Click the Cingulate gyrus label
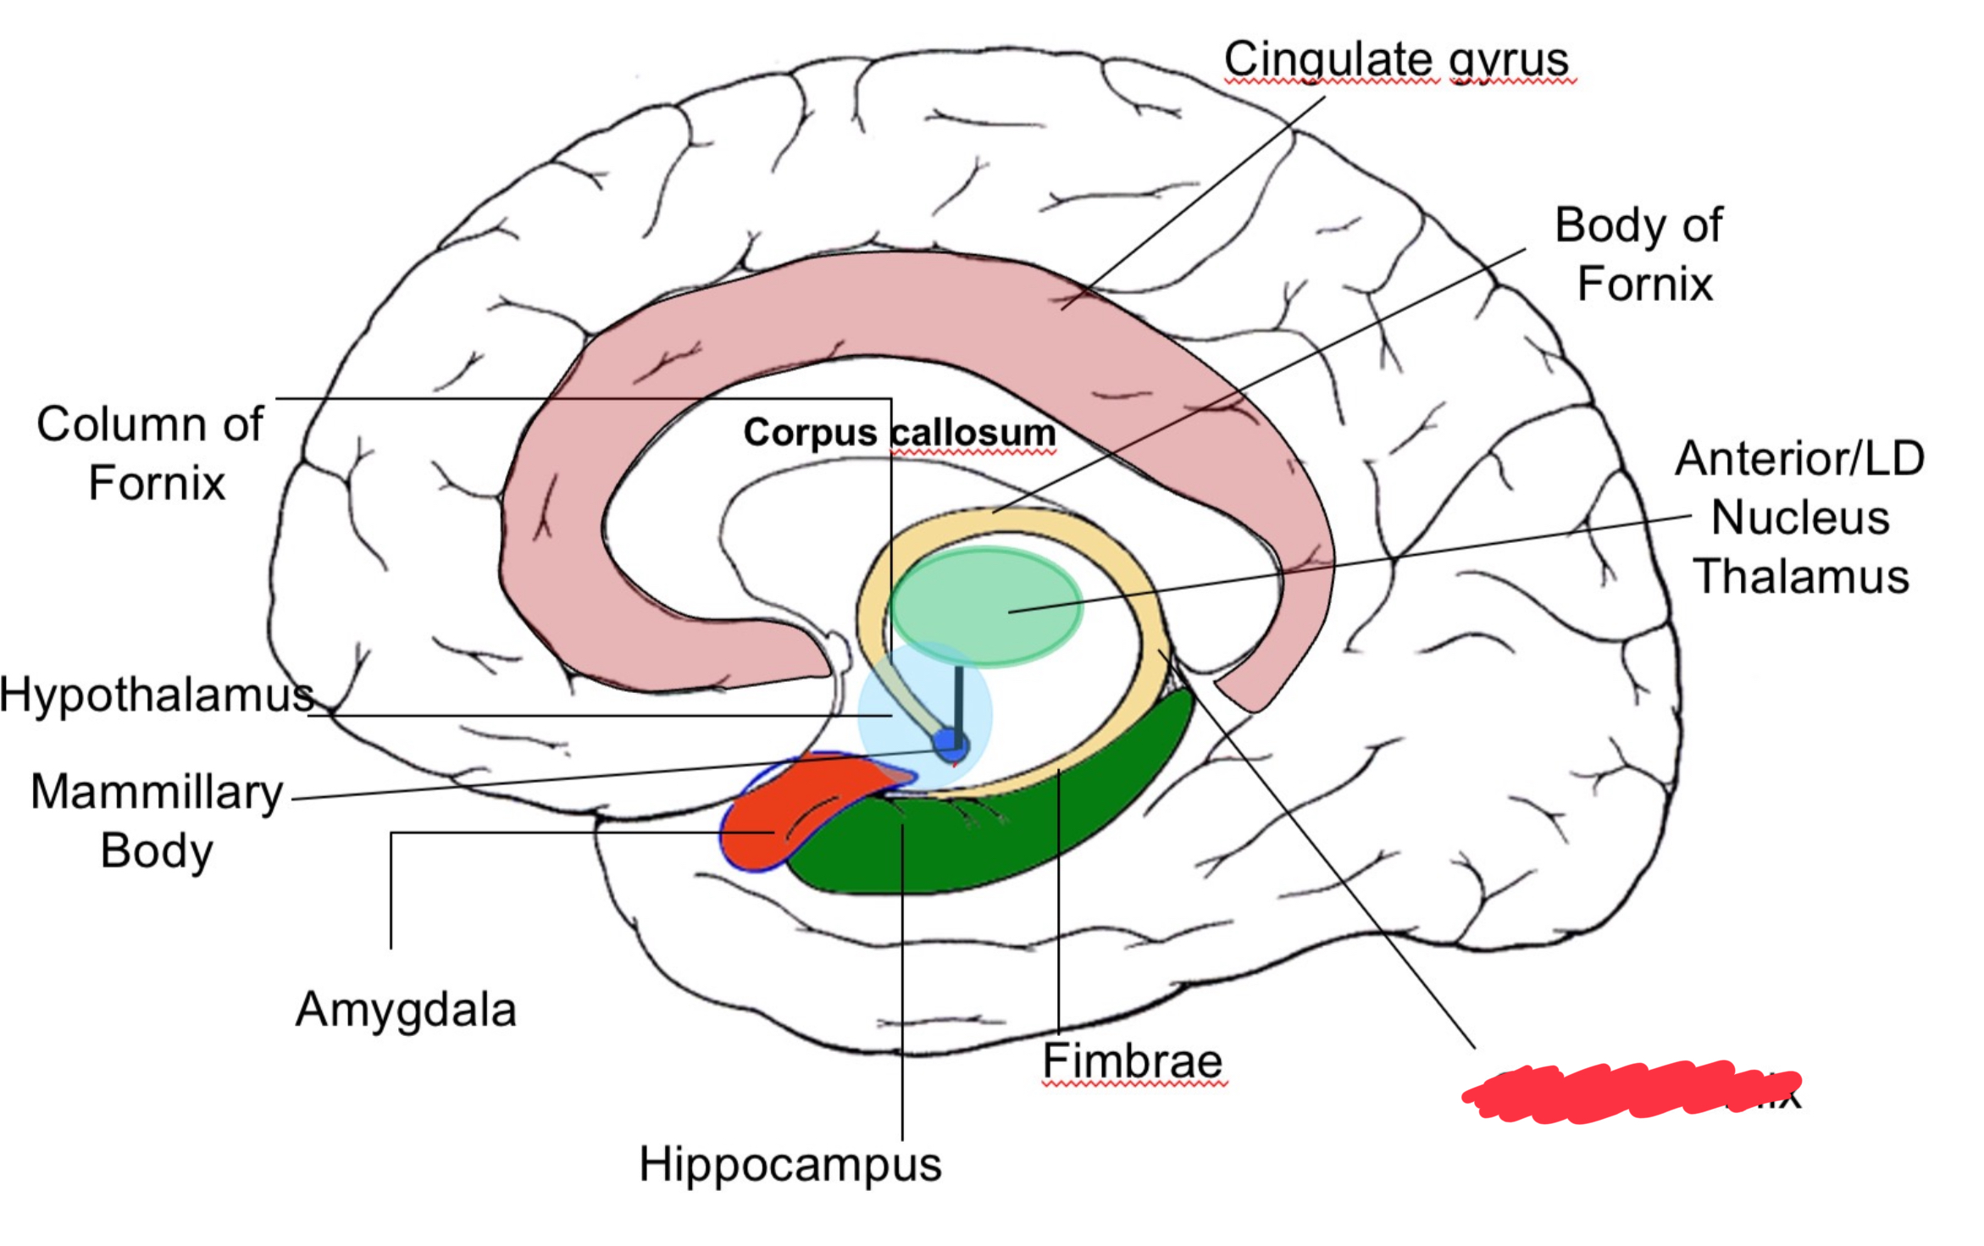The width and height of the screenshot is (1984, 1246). [x=1395, y=59]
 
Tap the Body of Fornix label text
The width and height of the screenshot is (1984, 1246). [x=1639, y=254]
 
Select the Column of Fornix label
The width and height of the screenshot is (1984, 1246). [x=151, y=453]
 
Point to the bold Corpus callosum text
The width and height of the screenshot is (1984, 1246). [x=900, y=433]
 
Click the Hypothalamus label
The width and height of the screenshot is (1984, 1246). [x=156, y=695]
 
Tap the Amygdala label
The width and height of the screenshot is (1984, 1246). [x=406, y=1010]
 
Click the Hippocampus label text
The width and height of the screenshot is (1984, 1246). [x=790, y=1164]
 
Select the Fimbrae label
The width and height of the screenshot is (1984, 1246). [x=1133, y=1060]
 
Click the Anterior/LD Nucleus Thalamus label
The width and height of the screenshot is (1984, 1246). [x=1800, y=517]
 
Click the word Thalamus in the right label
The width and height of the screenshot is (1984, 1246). [x=1800, y=577]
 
